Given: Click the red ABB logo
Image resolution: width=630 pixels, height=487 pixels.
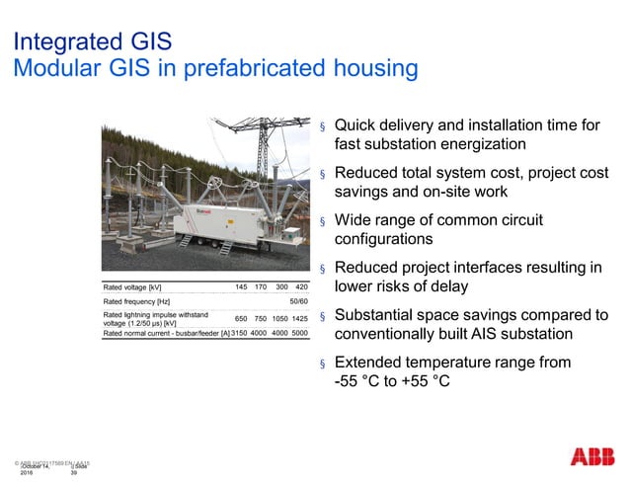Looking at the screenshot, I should (590, 457).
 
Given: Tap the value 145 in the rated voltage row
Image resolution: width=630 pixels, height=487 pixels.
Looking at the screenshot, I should (241, 286).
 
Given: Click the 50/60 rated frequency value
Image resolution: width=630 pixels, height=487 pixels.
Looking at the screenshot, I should (298, 301).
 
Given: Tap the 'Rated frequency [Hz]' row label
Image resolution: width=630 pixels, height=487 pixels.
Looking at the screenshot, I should (137, 301).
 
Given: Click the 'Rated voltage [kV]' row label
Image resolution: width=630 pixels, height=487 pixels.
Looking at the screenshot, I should (132, 287).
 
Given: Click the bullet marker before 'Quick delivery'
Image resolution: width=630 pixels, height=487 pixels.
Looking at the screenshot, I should (322, 127).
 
